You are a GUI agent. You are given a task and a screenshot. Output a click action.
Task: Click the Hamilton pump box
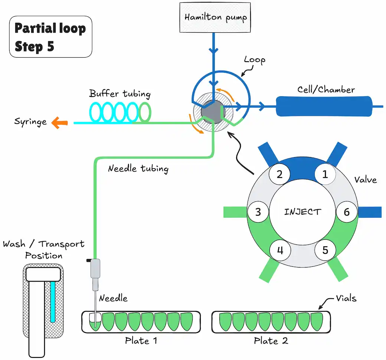pos(215,17)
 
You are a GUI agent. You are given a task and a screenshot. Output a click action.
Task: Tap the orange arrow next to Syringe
pos(59,123)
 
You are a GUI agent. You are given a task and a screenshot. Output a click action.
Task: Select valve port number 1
pos(325,174)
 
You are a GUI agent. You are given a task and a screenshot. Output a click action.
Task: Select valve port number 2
pos(279,174)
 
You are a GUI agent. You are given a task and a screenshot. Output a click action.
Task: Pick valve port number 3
pos(258,212)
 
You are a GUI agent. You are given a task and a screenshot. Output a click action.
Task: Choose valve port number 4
pos(280,250)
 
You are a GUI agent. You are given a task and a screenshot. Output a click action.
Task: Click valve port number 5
pos(325,250)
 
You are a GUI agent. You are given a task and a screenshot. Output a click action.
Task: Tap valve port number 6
pos(347,212)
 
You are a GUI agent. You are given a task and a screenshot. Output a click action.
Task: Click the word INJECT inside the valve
pos(302,212)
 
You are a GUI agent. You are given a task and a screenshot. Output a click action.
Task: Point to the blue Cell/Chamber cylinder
pos(324,106)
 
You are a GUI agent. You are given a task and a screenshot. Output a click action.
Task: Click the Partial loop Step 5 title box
pos(51,37)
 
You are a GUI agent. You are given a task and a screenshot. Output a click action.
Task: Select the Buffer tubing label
pos(120,94)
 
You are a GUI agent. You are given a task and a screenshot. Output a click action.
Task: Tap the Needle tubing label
pos(138,169)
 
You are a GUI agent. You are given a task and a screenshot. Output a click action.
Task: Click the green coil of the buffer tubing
pos(145,112)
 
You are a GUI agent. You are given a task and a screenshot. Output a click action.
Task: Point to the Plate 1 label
pos(141,341)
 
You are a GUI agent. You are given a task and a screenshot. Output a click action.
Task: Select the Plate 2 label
pos(271,341)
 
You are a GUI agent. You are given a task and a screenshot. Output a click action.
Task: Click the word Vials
pos(346,298)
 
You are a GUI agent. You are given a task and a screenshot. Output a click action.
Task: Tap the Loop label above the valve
pos(255,60)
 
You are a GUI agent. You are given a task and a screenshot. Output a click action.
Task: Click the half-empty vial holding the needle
pos(95,322)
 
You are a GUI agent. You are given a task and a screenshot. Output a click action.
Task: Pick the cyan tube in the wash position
pos(53,302)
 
